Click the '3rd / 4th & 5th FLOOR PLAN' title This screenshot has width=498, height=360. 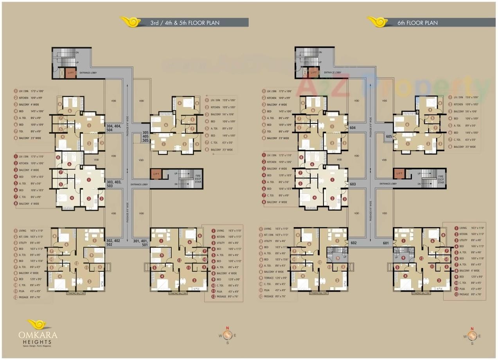click(185, 23)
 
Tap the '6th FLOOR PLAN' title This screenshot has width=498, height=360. click(417, 23)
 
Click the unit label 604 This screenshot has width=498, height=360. click(352, 128)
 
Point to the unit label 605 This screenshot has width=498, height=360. click(389, 136)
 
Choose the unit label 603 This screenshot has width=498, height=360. click(352, 184)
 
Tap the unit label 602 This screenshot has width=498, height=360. click(354, 243)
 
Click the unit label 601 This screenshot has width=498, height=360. click(386, 243)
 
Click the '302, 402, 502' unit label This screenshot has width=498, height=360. click(113, 242)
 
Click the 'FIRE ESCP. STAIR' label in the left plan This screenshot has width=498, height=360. click(199, 179)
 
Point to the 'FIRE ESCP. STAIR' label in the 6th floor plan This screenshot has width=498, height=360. click(441, 179)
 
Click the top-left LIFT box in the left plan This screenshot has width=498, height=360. click(71, 73)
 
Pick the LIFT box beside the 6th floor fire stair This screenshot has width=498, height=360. click(399, 174)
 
